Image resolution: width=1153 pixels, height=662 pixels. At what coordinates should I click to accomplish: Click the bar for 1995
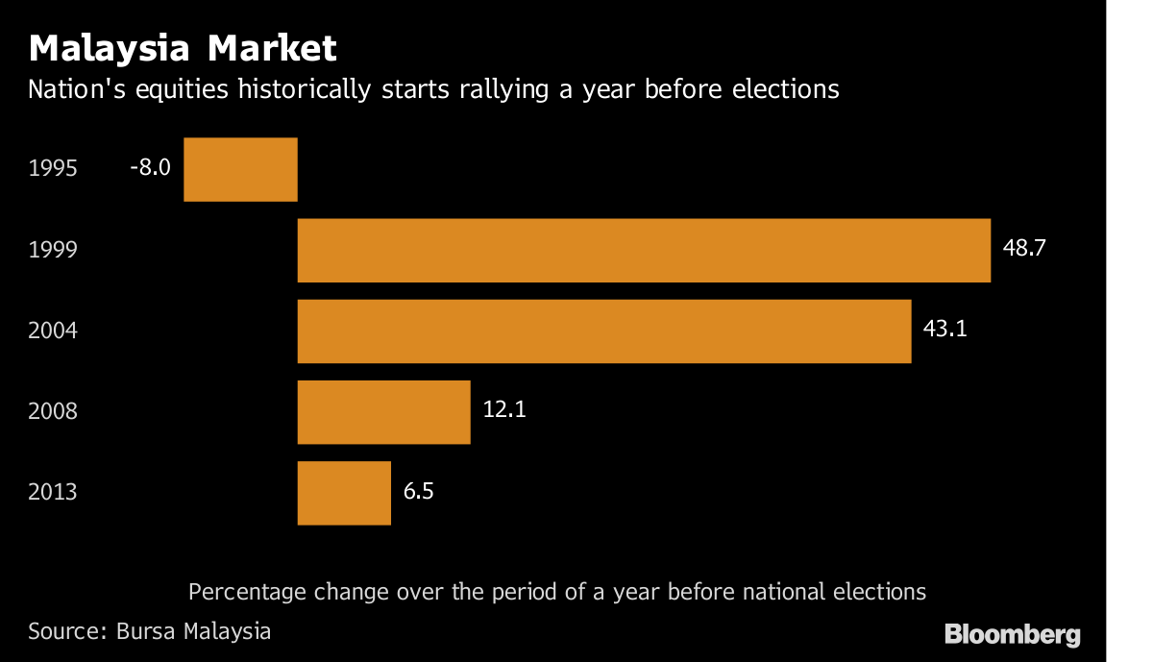(x=240, y=169)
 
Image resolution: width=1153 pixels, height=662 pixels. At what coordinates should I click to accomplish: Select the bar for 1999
(x=644, y=250)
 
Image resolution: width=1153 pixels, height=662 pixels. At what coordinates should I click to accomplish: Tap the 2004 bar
(x=604, y=331)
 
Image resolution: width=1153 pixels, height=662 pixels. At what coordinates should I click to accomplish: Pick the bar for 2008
(x=383, y=411)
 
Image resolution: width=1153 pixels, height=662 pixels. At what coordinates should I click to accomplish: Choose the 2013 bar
(x=344, y=492)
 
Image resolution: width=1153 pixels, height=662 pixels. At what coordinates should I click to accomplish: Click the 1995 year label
(x=53, y=169)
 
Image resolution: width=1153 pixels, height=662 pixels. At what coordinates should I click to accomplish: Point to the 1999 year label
(x=53, y=250)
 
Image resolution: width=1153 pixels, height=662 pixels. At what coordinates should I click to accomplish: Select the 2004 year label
(x=53, y=331)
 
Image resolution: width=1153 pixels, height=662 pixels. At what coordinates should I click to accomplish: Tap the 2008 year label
(x=53, y=411)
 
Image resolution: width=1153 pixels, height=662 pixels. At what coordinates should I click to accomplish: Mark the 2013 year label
(x=53, y=492)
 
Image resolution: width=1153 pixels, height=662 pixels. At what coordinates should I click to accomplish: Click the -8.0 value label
(x=150, y=167)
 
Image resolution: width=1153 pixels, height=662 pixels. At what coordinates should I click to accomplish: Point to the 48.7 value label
(x=1023, y=248)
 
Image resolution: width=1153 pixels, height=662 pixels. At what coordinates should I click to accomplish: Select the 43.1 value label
(x=944, y=329)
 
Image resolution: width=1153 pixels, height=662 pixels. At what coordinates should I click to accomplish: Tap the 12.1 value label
(x=504, y=409)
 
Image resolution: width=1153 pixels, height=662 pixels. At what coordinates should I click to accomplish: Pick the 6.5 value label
(x=419, y=490)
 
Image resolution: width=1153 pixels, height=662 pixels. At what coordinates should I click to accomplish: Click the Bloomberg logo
(x=1013, y=634)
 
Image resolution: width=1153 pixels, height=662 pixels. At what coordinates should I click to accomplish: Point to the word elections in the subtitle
(x=782, y=90)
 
